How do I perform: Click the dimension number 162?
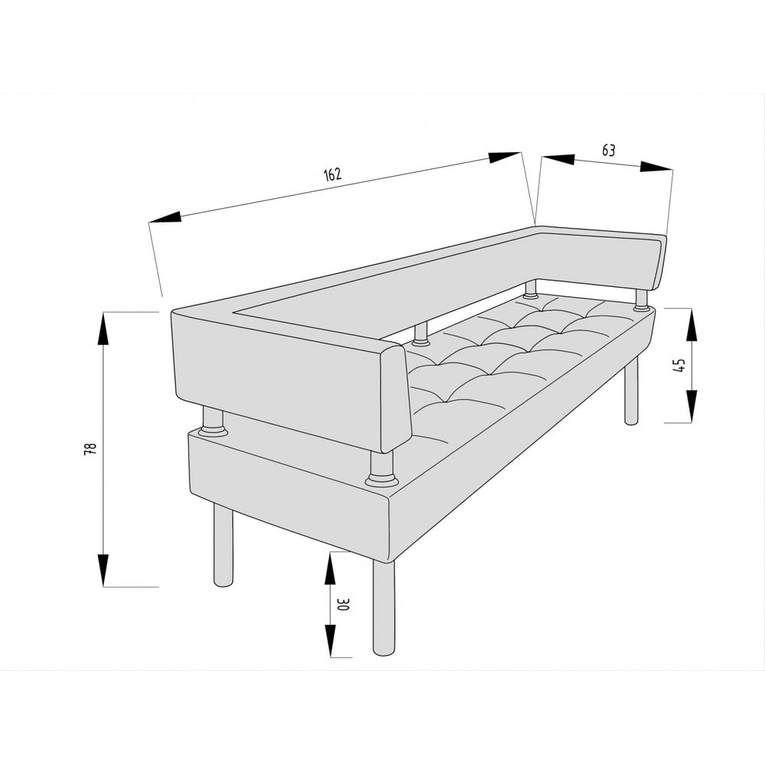[x=333, y=174]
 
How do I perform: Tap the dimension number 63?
[x=608, y=150]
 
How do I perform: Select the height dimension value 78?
[x=91, y=449]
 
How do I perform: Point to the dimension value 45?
[x=679, y=364]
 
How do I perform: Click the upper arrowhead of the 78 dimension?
[x=103, y=329]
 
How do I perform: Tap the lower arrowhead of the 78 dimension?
[x=103, y=570]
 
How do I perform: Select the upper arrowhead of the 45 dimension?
[x=692, y=325]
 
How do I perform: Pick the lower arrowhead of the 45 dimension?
[x=692, y=406]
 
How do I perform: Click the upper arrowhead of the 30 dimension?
[x=330, y=568]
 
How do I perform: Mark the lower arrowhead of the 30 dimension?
[x=330, y=640]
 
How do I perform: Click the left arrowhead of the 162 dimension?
[x=165, y=217]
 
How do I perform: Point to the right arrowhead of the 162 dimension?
[x=504, y=157]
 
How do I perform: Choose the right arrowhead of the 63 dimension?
[x=656, y=167]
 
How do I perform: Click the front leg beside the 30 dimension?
[x=384, y=607]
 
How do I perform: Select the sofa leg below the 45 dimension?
[x=631, y=391]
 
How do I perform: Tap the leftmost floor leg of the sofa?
[x=223, y=545]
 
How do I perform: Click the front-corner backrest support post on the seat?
[x=382, y=469]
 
